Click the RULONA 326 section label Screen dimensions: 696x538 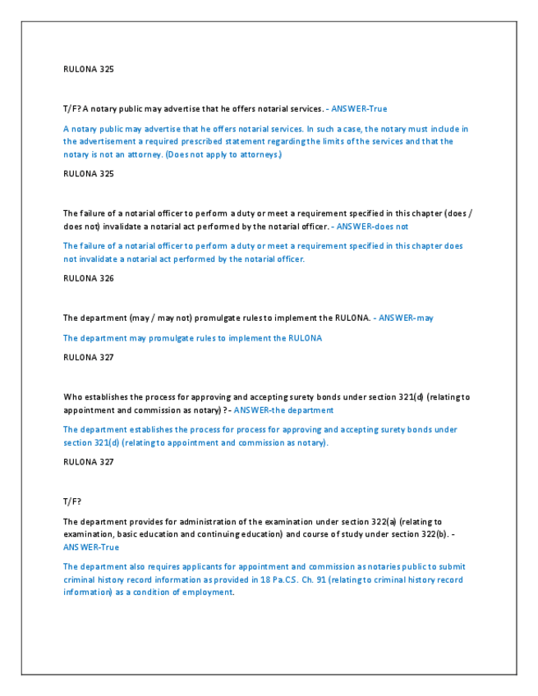click(88, 278)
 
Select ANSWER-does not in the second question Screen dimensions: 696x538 click(372, 226)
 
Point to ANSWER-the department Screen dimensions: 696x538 click(283, 410)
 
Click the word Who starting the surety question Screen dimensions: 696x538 click(72, 396)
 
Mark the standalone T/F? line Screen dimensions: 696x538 click(72, 501)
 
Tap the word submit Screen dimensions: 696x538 click(450, 566)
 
